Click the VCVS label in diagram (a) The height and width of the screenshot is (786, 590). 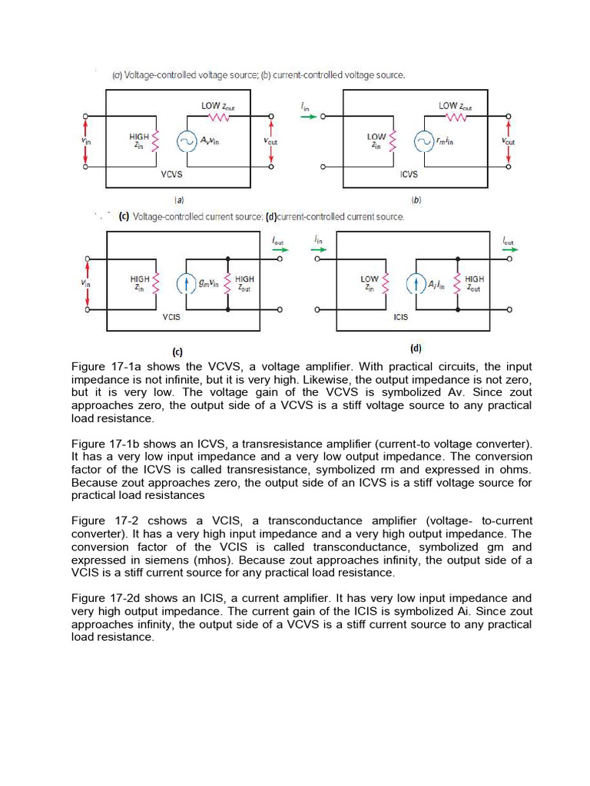(x=171, y=174)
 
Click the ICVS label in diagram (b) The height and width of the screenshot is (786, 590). (x=409, y=174)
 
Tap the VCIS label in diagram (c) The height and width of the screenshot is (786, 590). (x=171, y=317)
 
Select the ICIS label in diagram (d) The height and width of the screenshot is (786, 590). (x=401, y=317)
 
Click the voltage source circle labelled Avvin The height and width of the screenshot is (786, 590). (x=187, y=141)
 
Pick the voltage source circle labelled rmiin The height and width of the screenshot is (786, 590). (x=423, y=141)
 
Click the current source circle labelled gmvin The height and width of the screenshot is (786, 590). (x=187, y=284)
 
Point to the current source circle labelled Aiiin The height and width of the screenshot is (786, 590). (x=416, y=284)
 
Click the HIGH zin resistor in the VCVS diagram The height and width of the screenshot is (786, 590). (x=157, y=141)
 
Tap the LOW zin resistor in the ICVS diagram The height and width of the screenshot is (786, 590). (x=394, y=141)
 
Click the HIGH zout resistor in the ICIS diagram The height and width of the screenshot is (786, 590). (x=458, y=284)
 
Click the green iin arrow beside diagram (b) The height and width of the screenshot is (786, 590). (x=308, y=117)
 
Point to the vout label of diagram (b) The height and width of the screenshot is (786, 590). (x=508, y=142)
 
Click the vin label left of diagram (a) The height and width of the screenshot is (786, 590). (x=85, y=141)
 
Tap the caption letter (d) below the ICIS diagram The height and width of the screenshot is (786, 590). (x=416, y=348)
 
